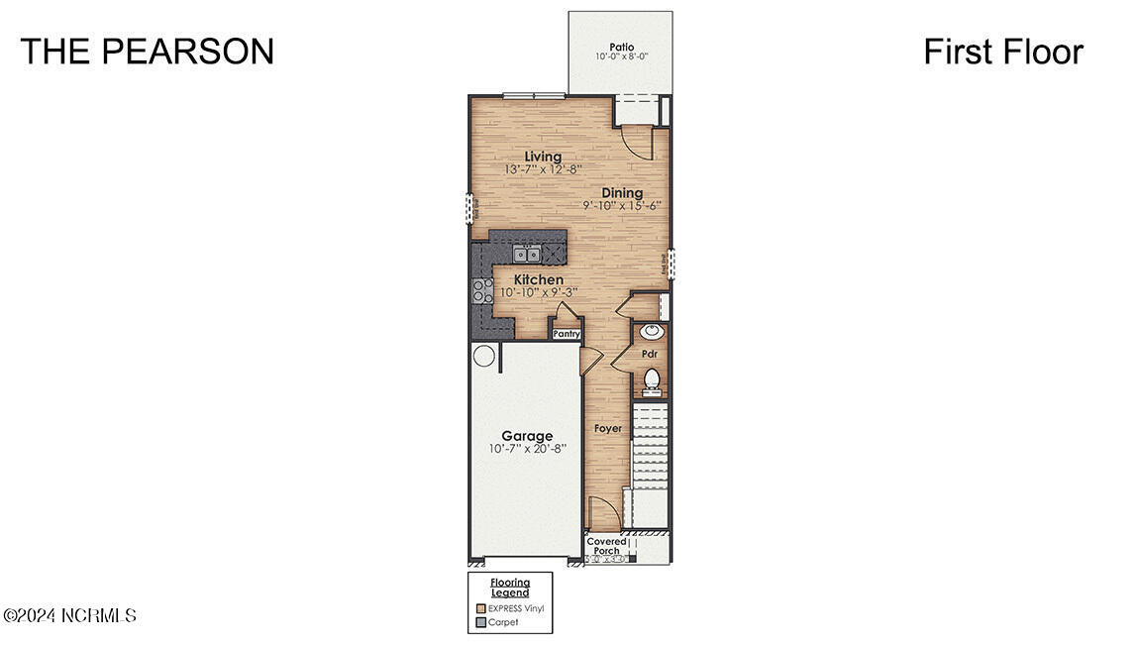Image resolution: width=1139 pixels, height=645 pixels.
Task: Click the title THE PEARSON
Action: [147, 52]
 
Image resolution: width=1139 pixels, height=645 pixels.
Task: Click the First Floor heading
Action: [1002, 52]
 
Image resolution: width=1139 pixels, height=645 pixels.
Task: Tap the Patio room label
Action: [621, 46]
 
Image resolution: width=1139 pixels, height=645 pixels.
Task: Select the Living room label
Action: [543, 157]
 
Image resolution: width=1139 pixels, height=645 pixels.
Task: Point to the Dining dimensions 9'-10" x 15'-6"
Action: [621, 206]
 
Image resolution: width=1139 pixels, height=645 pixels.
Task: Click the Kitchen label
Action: [538, 280]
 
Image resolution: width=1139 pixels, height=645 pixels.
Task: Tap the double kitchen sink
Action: [527, 254]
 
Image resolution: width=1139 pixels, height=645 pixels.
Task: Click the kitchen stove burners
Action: [482, 290]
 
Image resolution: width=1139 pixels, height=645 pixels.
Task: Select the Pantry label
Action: [566, 335]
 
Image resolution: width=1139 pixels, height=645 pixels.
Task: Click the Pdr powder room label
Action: [650, 354]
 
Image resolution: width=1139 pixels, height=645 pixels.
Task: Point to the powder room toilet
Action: [652, 378]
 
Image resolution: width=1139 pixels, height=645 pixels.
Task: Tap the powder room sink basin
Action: [651, 332]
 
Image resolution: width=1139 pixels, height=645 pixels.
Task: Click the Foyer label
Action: [607, 429]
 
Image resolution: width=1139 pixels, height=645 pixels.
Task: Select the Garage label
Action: [526, 436]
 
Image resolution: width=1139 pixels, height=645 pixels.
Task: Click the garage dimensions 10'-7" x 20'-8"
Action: [526, 449]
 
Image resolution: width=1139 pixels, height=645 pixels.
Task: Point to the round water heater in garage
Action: [483, 356]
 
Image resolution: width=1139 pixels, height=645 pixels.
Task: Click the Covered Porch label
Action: [606, 546]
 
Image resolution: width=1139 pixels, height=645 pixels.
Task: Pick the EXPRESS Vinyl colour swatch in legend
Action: [480, 608]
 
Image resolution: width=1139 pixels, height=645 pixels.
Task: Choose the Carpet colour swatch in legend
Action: [480, 622]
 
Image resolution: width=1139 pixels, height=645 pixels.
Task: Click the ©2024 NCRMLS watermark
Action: [69, 616]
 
